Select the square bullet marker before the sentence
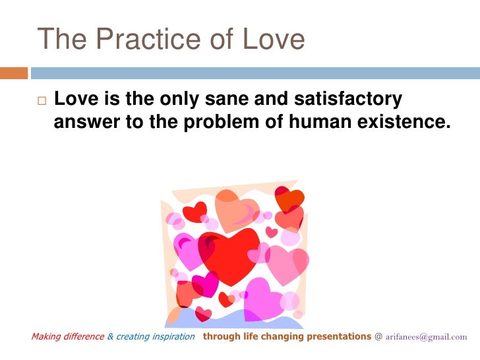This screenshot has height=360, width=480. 41,102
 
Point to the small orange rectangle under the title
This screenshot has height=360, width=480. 13,72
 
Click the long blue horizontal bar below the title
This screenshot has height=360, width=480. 255,72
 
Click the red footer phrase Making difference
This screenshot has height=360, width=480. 67,337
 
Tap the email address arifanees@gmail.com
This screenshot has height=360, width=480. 426,337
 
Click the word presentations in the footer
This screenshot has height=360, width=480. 338,337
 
